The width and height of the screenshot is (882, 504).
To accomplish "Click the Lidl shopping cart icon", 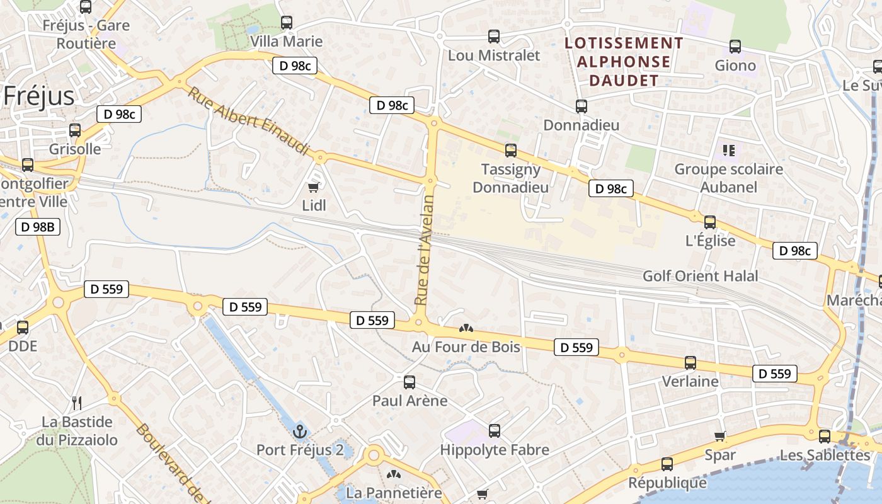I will tap(313, 187).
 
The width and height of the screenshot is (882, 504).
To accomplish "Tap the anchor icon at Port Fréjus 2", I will tap(300, 432).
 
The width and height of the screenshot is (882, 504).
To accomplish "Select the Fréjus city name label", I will tap(39, 96).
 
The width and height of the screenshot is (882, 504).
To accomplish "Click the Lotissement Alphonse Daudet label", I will tap(624, 62).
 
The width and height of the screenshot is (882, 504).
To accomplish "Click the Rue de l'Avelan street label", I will tap(425, 250).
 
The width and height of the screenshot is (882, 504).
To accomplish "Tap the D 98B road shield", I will tap(38, 227).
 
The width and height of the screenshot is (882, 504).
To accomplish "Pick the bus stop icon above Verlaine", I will tap(690, 363).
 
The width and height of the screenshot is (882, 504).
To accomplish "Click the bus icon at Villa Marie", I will tap(287, 23).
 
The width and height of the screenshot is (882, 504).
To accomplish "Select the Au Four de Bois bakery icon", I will tap(466, 328).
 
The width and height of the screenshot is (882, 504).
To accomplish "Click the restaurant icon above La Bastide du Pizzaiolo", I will tap(77, 403).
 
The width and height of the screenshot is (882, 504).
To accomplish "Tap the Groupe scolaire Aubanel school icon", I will tap(729, 151).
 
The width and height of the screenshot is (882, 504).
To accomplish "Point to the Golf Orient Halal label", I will tap(700, 276).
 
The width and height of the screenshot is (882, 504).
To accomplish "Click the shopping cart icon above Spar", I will tap(720, 436).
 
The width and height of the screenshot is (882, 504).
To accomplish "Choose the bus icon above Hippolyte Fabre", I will tap(495, 431).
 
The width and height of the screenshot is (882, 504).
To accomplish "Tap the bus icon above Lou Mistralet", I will tap(494, 37).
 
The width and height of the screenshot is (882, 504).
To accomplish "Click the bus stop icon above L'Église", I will tap(710, 222).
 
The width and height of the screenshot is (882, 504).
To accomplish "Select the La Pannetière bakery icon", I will tap(394, 474).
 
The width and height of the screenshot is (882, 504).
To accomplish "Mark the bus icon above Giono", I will tap(735, 47).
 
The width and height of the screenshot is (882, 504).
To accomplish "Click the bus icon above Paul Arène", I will tap(409, 382).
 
